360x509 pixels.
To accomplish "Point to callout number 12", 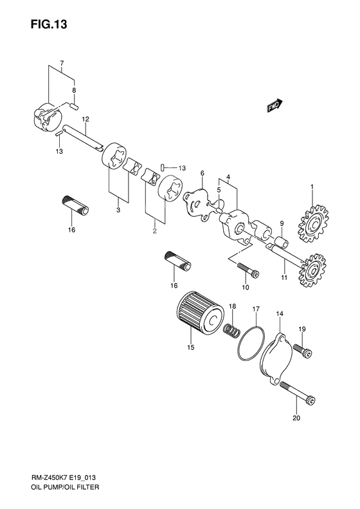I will (85, 119).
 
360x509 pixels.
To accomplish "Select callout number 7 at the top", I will (62, 63).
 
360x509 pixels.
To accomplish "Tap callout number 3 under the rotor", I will (118, 209).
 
